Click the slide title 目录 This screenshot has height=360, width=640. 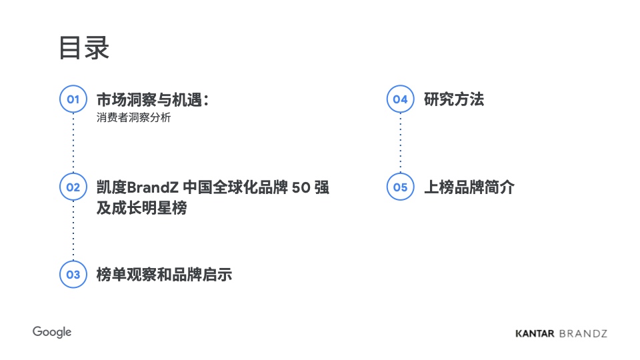click(84, 48)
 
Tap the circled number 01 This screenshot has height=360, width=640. click(73, 99)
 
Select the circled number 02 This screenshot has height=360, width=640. click(73, 187)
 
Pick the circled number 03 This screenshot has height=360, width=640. click(73, 274)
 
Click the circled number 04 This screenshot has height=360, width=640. click(401, 99)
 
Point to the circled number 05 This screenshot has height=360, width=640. click(401, 187)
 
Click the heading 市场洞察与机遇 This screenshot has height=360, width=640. click(149, 99)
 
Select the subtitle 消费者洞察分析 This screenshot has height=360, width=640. click(133, 117)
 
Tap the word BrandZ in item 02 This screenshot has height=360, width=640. click(153, 187)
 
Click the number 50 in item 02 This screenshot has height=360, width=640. click(301, 187)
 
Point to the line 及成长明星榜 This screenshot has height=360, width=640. click(141, 208)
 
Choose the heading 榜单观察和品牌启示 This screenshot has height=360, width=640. click(164, 275)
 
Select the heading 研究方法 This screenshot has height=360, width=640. click(454, 99)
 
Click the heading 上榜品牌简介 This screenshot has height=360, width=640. click(469, 187)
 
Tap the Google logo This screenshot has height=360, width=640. click(52, 332)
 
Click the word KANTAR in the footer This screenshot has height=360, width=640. click(535, 333)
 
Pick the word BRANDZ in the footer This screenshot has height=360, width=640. click(583, 333)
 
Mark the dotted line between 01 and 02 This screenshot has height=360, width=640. click(73, 143)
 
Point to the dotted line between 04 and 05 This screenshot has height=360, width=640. click(401, 143)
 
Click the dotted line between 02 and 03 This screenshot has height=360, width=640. click(73, 230)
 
